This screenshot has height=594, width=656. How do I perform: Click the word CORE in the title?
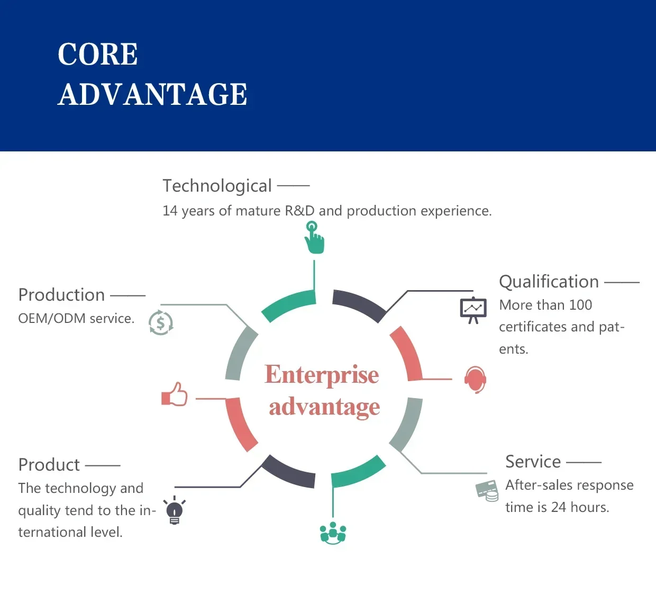(x=97, y=54)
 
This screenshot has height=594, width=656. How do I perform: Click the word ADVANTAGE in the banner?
(x=152, y=94)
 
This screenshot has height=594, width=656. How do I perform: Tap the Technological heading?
(x=217, y=186)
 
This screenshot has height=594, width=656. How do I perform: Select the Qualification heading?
(x=549, y=282)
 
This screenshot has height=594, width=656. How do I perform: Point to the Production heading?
(x=61, y=295)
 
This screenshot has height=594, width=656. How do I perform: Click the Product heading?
(x=49, y=465)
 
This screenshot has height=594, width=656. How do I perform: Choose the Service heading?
(x=533, y=462)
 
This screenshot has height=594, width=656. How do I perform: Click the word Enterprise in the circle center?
(x=322, y=375)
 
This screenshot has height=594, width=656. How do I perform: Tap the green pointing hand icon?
(x=314, y=237)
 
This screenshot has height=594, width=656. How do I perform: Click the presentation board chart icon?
(x=473, y=310)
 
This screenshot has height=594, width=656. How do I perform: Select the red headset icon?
(x=476, y=380)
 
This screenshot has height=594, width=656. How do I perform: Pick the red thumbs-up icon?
(x=174, y=394)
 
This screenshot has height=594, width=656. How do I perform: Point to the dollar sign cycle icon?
(x=161, y=323)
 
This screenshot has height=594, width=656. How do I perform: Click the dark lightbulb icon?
(x=175, y=510)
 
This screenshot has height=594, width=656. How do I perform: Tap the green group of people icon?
(x=333, y=533)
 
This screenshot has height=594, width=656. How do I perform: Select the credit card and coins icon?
(x=487, y=491)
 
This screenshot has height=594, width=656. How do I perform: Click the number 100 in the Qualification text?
(x=580, y=305)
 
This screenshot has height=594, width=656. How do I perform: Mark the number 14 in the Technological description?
(x=170, y=211)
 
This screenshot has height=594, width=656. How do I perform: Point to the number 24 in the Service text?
(x=559, y=507)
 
